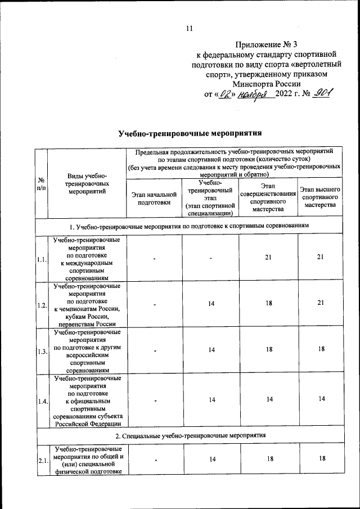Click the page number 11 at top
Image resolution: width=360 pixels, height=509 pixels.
189,29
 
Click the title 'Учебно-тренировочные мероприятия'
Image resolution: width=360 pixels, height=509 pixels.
191,133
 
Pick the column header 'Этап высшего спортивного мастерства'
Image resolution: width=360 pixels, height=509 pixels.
320,198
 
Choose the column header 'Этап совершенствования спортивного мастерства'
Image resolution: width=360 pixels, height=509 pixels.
268,198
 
